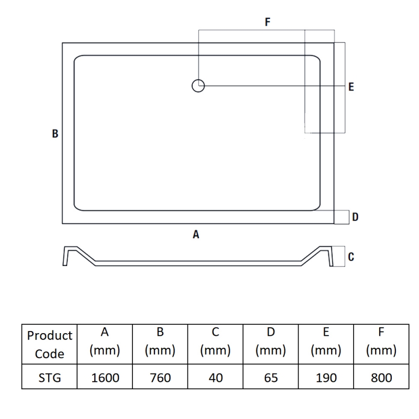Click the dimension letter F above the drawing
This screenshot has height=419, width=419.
pyautogui.click(x=268, y=21)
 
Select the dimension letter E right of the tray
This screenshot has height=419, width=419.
pyautogui.click(x=351, y=87)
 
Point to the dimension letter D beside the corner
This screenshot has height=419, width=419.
pyautogui.click(x=355, y=217)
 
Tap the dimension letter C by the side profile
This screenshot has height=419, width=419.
pyautogui.click(x=351, y=257)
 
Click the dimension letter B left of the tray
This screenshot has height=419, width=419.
pyautogui.click(x=55, y=134)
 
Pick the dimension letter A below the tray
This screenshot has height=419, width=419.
pyautogui.click(x=196, y=234)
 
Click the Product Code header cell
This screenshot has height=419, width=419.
pyautogui.click(x=49, y=345)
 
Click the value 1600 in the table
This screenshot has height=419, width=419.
pyautogui.click(x=105, y=378)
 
